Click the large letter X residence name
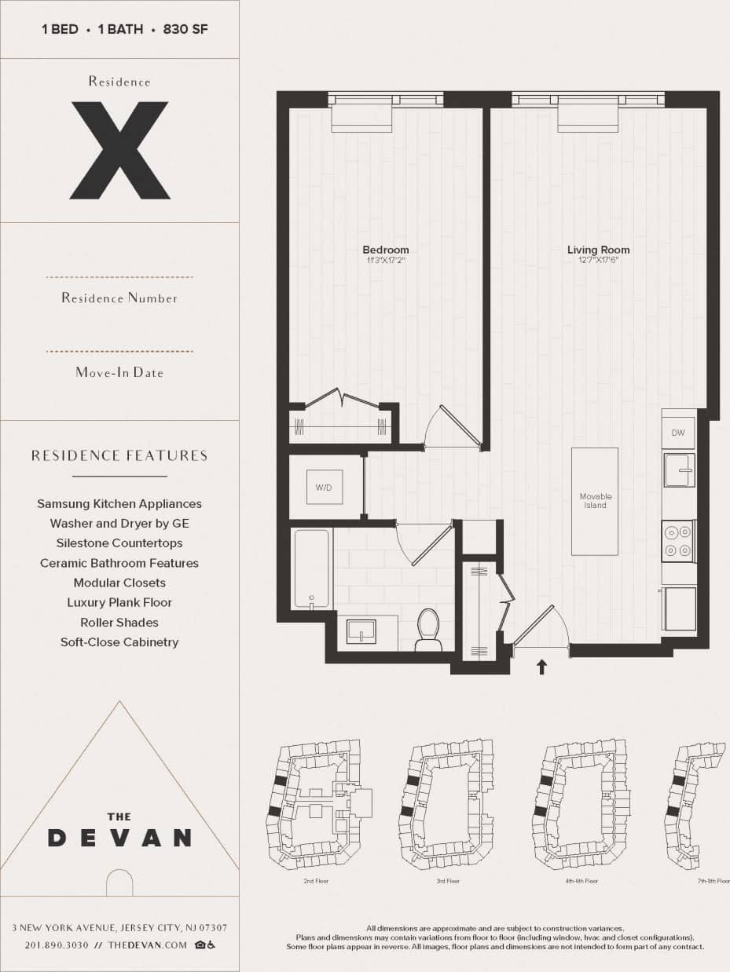click(x=119, y=150)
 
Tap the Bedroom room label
click(x=386, y=250)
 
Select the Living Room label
click(x=598, y=250)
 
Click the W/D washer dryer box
click(x=324, y=488)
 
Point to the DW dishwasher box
click(x=677, y=433)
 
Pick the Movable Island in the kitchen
click(x=595, y=501)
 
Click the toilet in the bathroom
click(x=428, y=629)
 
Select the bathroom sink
click(x=361, y=631)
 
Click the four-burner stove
click(x=677, y=541)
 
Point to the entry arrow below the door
click(x=541, y=667)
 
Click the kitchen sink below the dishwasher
click(x=678, y=470)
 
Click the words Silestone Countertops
click(x=119, y=543)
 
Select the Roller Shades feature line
click(x=119, y=623)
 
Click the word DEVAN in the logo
click(x=119, y=838)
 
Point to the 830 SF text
click(x=185, y=30)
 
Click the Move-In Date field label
click(x=119, y=372)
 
